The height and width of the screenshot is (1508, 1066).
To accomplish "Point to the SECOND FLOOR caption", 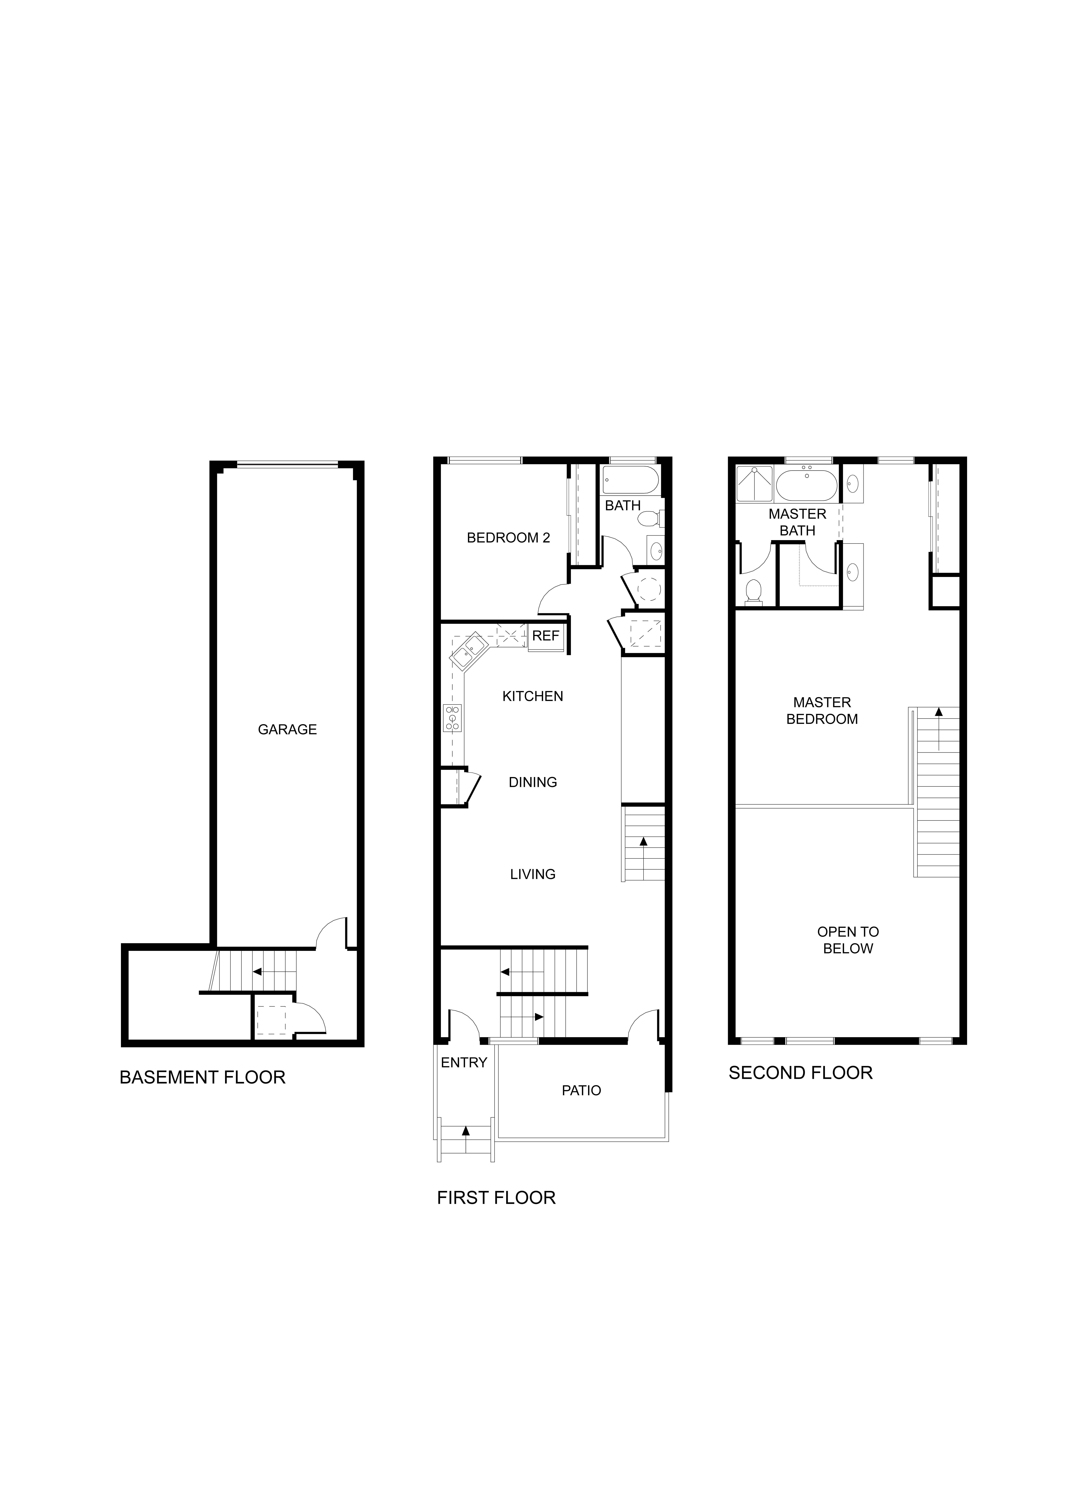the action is pos(801,1073).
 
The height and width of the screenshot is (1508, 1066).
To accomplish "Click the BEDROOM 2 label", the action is pos(508,538).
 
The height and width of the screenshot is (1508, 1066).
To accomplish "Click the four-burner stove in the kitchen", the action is pos(453,718).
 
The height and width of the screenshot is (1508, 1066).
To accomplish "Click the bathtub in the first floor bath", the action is pos(631,480).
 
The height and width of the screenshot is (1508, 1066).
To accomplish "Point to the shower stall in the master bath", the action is pos(754,484).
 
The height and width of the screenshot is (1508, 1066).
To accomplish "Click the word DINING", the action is pos(533,782).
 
